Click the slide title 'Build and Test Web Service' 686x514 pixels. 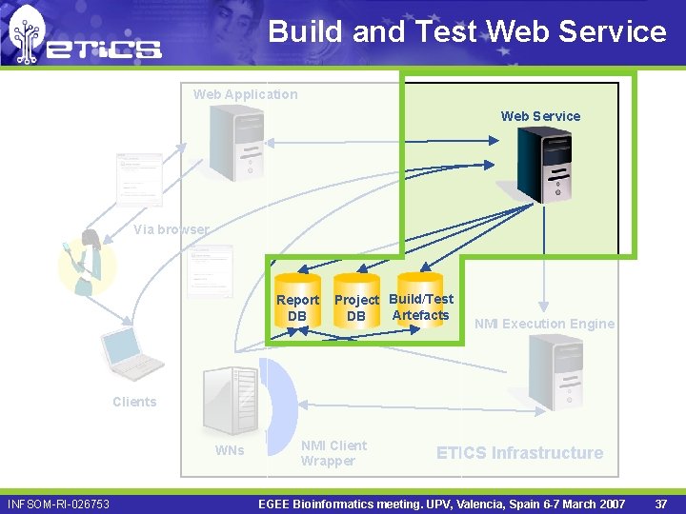[467, 31]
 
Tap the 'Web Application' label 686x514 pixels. [245, 94]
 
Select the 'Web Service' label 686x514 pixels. [540, 116]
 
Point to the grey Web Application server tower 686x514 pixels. [236, 142]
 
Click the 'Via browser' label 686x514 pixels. [171, 229]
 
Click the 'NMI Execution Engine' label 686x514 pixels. [544, 324]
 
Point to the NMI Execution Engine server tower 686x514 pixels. [555, 371]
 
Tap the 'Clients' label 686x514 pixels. [134, 402]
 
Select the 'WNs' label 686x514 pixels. [229, 450]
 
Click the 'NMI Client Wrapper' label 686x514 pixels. [333, 453]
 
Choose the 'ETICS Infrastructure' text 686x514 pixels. [519, 453]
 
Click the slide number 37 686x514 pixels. [661, 503]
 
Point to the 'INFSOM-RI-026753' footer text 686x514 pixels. [58, 504]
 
